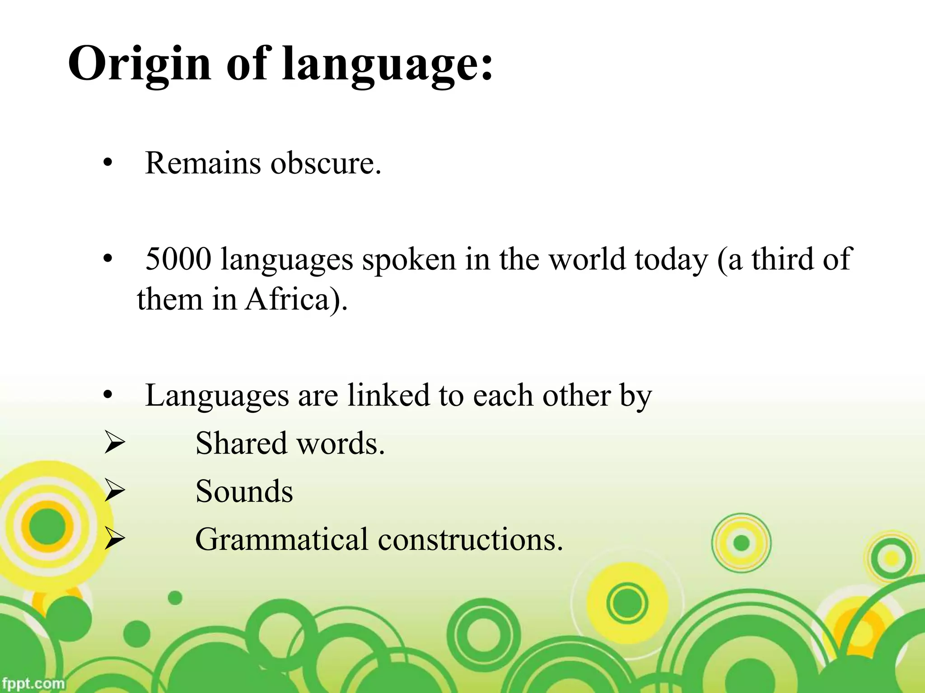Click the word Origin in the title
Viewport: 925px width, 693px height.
point(139,64)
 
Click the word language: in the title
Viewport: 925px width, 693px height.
point(387,64)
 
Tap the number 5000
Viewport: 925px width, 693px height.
point(178,259)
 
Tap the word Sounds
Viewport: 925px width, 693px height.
point(244,491)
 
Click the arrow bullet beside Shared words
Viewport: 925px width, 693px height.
point(114,444)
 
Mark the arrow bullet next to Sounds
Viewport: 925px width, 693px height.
point(114,492)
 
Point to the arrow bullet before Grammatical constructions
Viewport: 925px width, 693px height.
point(114,540)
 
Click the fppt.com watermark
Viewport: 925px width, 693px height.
point(33,683)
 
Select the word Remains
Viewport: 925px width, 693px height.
point(203,163)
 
